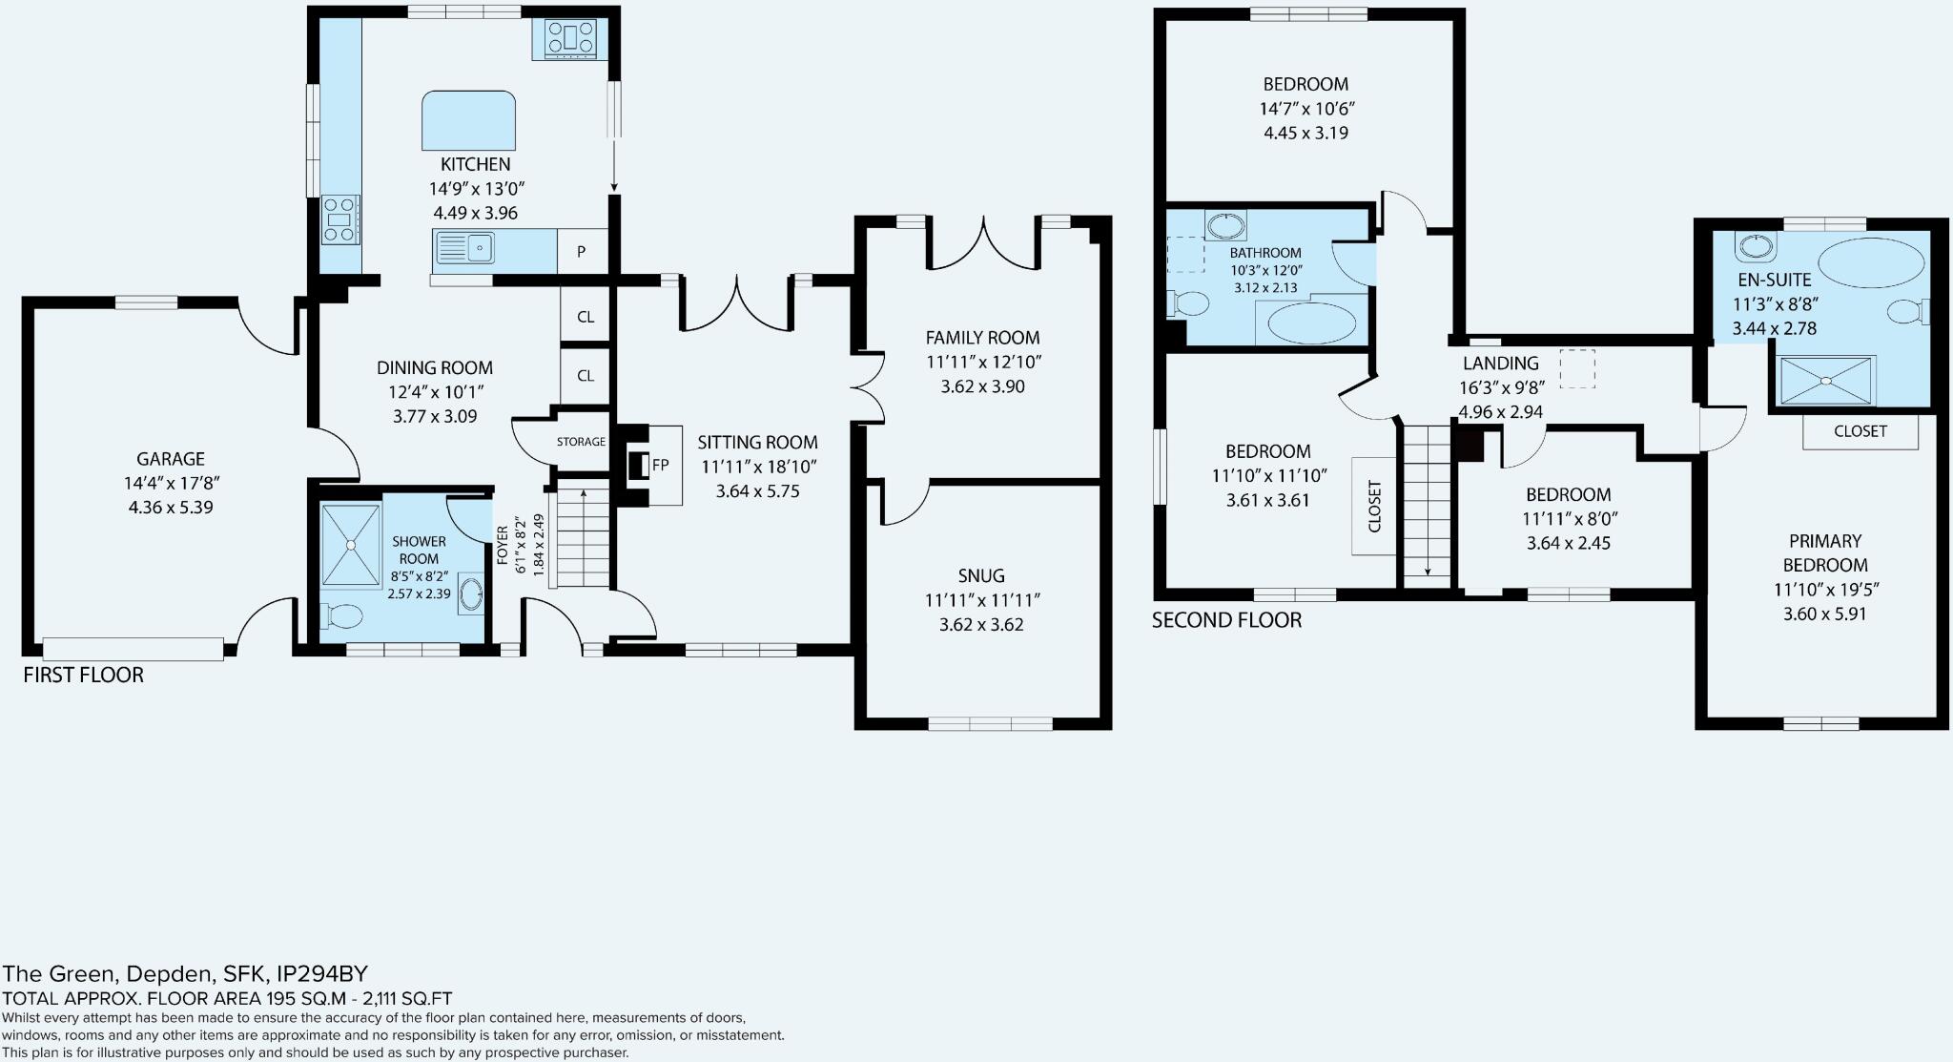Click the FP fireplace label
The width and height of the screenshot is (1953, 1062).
(x=660, y=466)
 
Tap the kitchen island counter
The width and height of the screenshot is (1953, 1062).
(x=468, y=121)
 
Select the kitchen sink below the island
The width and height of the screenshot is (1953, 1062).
(x=465, y=249)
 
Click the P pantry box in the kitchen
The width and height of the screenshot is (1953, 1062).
(x=582, y=252)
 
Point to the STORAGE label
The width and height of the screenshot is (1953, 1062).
(x=581, y=442)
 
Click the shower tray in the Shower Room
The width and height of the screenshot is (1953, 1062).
(x=350, y=545)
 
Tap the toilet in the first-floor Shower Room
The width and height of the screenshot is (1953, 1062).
(x=340, y=616)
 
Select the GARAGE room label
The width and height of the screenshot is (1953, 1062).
(x=171, y=459)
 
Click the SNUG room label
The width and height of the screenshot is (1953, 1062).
(x=981, y=575)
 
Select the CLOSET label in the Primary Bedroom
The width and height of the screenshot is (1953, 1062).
(x=1860, y=431)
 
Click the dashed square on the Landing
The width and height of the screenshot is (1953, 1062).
(x=1577, y=368)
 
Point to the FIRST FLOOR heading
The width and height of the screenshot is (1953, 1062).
(x=83, y=675)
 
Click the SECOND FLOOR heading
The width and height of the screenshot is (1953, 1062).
(x=1226, y=620)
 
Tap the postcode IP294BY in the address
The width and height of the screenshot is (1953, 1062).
(x=321, y=974)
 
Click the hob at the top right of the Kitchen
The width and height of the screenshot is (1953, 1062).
(x=570, y=40)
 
